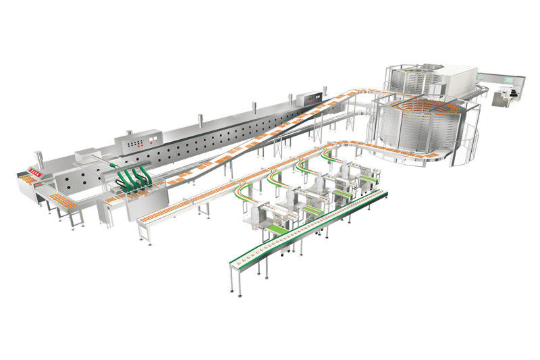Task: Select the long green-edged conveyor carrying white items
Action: pyautogui.click(x=304, y=230)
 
